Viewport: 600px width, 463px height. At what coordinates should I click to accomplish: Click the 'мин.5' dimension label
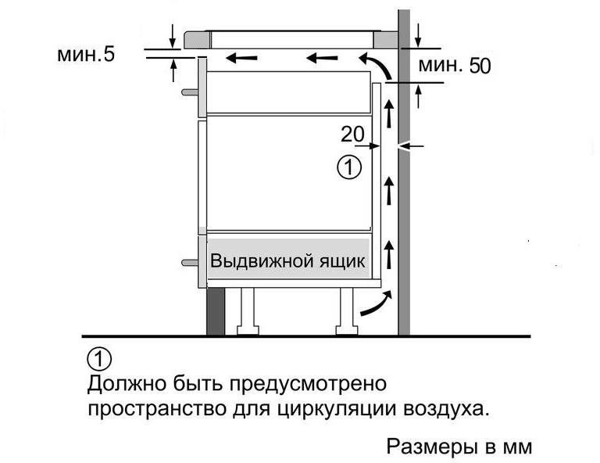86,54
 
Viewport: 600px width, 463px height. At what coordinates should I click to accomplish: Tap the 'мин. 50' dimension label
454,66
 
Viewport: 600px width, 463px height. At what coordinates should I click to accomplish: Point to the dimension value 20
352,135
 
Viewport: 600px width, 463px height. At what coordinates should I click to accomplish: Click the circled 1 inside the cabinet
349,167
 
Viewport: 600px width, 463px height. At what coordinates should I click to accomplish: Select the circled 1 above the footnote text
99,359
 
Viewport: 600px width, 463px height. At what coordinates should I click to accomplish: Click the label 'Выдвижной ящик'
287,261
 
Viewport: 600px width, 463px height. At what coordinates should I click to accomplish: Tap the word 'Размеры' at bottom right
431,447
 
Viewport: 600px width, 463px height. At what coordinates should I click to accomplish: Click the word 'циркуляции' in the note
335,409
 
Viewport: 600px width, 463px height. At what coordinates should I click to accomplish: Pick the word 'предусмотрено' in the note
308,383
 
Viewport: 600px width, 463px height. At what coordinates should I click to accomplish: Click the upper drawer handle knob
189,92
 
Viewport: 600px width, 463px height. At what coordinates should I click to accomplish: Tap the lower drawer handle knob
189,263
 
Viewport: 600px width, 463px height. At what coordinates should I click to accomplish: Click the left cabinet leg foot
248,329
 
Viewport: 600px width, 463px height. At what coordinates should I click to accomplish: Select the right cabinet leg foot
347,329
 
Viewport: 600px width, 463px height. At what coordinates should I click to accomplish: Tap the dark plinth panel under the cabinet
216,311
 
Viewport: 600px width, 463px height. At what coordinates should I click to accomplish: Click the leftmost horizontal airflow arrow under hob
241,58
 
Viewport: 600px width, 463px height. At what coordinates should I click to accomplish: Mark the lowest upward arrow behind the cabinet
389,254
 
